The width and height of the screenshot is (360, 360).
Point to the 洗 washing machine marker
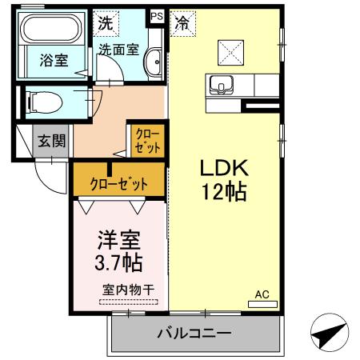pos(105,22)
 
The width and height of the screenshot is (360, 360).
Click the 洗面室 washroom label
pos(118,49)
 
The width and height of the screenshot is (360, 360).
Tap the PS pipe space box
pos(156,15)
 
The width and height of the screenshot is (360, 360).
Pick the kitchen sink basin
pos(221,82)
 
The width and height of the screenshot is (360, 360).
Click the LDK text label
pos(225,168)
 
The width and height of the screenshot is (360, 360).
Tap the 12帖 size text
pos(225,192)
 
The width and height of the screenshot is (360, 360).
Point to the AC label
pos(262,294)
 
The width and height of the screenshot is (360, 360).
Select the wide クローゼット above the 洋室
pos(120,183)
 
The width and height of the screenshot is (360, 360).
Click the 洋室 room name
pos(120,239)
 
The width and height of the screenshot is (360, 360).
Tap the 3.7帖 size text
pos(120,263)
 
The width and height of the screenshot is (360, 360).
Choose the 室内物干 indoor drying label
pos(128,290)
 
